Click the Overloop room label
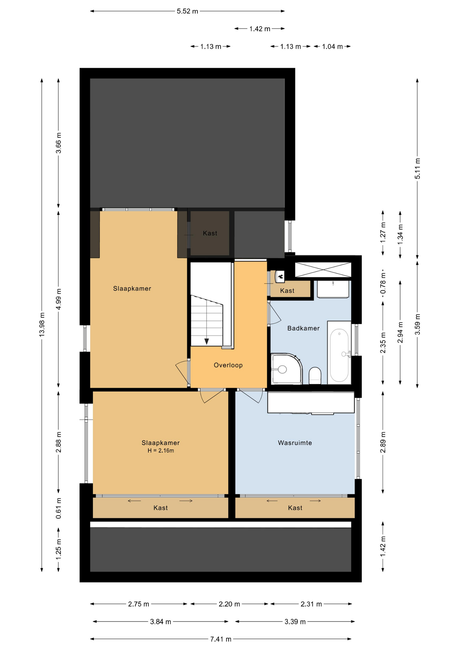pyautogui.click(x=228, y=365)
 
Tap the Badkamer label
pyautogui.click(x=304, y=328)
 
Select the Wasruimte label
pyautogui.click(x=295, y=443)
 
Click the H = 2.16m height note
pyautogui.click(x=161, y=451)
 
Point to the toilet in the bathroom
pyautogui.click(x=315, y=376)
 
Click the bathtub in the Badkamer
pyautogui.click(x=339, y=352)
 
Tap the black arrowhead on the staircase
pyautogui.click(x=207, y=341)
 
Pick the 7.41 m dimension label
pyautogui.click(x=221, y=639)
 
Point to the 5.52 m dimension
pyautogui.click(x=187, y=11)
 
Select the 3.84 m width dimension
pyautogui.click(x=161, y=622)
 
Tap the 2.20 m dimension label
pyautogui.click(x=229, y=604)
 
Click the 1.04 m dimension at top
pyautogui.click(x=332, y=46)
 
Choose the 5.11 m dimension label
pyautogui.click(x=418, y=169)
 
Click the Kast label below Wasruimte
pyautogui.click(x=295, y=508)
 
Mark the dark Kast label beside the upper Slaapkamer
pyautogui.click(x=210, y=233)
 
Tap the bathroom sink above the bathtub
pyautogui.click(x=333, y=289)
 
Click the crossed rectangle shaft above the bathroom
pyautogui.click(x=323, y=270)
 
